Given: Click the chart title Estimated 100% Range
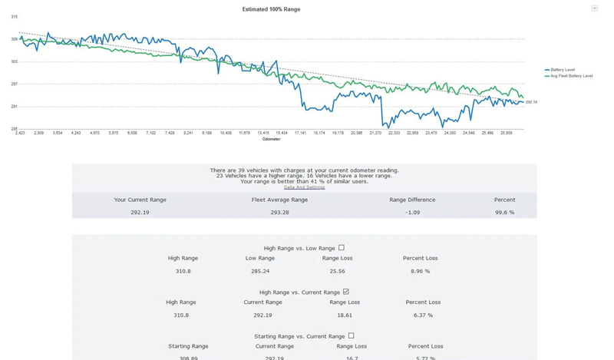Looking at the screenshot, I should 271,9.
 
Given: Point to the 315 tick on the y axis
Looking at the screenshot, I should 15,16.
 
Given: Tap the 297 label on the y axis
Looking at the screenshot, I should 15,84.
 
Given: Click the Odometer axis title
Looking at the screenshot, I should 271,139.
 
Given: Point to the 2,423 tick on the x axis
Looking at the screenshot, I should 20,133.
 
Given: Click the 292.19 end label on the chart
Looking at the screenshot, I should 531,102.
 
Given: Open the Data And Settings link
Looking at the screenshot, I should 304,187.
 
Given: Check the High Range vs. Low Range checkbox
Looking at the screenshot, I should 342,248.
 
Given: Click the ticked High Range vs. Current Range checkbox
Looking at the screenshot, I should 346,292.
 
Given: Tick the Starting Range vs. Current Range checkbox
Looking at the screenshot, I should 351,335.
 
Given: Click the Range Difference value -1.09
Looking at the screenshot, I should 412,212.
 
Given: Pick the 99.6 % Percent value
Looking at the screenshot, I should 504,212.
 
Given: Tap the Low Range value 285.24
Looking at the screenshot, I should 260,271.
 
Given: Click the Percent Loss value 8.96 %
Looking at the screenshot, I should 420,271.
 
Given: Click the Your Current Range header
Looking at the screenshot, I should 140,200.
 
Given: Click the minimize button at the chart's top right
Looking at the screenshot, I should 594,8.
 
